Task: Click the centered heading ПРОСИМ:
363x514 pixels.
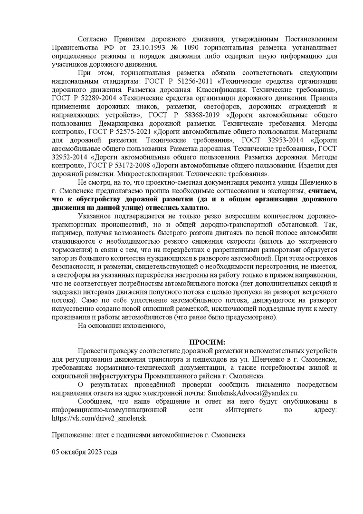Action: click(207, 342)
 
